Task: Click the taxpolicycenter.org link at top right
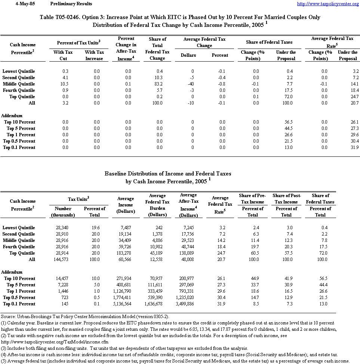click(x=327, y=4)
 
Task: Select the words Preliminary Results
click(x=71, y=4)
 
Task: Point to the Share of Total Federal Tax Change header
click(x=157, y=49)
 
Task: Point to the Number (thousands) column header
click(x=63, y=212)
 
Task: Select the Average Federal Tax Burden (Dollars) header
click(x=157, y=205)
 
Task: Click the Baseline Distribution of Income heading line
click(x=167, y=174)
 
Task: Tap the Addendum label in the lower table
click(x=12, y=272)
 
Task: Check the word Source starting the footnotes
click(x=8, y=317)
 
